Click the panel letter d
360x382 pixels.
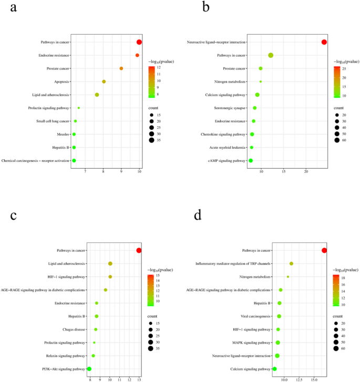coord(197,217)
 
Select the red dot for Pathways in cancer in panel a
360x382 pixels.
coord(139,42)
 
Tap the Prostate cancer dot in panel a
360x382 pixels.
coord(121,68)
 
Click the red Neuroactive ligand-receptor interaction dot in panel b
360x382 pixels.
coord(324,42)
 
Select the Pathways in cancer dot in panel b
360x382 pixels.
coord(271,55)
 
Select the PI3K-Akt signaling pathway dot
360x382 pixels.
coord(89,369)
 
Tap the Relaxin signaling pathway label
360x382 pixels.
coord(65,356)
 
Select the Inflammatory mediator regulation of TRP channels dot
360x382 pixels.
coord(291,263)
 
